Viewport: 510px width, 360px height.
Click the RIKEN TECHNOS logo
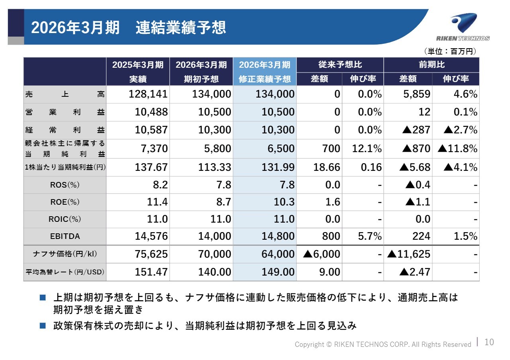[463, 27]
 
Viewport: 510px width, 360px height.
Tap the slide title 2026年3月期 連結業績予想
[128, 27]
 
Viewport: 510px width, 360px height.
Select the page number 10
[489, 342]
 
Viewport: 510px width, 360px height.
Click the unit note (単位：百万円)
[450, 51]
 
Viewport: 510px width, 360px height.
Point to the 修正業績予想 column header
[265, 79]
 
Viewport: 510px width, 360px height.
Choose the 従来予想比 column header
[340, 65]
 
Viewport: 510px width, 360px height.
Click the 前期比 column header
[432, 65]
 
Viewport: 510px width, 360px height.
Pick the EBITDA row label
[65, 236]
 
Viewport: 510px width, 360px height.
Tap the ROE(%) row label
[65, 202]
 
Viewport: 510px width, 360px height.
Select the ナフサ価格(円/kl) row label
[65, 254]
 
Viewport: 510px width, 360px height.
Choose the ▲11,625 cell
[409, 254]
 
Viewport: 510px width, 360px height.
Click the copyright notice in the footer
[383, 344]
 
